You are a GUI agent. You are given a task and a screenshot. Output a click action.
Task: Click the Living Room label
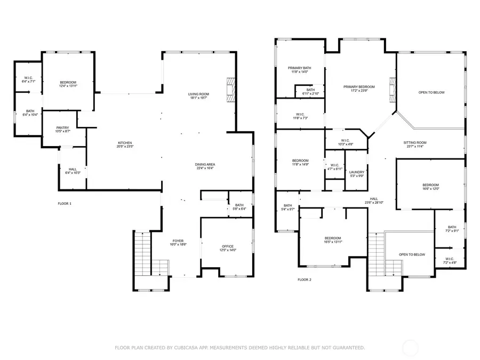[198, 95]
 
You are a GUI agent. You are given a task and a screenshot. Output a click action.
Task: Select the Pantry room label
[63, 129]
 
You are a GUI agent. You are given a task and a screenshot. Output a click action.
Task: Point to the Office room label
[227, 247]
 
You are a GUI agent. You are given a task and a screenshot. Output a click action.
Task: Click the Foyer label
[178, 242]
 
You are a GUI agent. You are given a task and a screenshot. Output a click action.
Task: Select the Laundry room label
[356, 173]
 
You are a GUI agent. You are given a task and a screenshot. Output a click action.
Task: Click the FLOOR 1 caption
[65, 204]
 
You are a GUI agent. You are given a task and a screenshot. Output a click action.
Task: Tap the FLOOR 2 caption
[305, 279]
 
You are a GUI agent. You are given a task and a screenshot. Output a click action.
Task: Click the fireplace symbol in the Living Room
[230, 90]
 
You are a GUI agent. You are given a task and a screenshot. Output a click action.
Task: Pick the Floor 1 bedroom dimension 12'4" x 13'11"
[68, 86]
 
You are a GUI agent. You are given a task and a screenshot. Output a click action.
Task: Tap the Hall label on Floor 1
[73, 171]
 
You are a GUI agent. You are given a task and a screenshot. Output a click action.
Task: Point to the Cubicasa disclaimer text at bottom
[240, 347]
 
